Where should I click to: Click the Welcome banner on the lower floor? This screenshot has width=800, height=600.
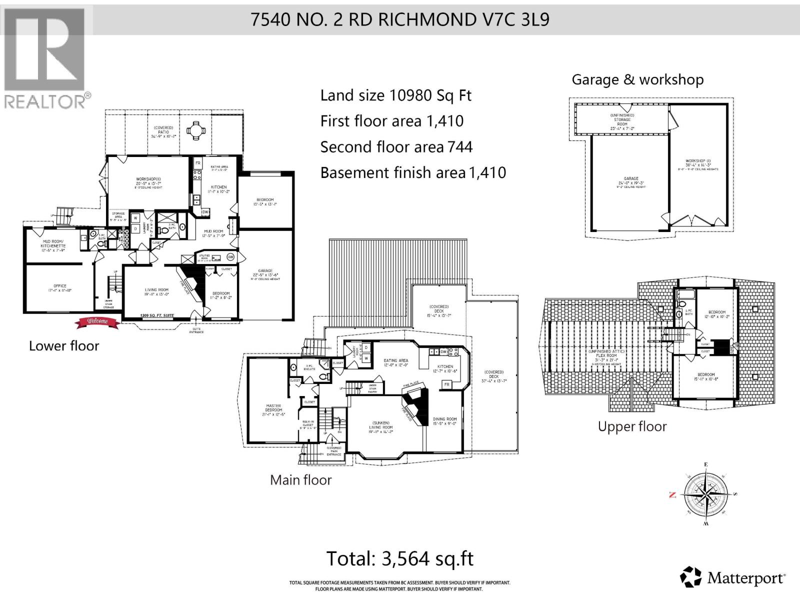(98, 321)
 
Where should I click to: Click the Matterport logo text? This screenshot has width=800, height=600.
(745, 578)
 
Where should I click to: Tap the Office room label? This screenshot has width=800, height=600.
(59, 288)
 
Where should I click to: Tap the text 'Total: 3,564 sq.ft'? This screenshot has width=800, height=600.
(399, 558)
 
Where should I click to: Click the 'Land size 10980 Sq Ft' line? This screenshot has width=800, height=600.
(395, 95)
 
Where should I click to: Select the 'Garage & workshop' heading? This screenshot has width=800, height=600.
(637, 79)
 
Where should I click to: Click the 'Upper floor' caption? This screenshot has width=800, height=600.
(632, 426)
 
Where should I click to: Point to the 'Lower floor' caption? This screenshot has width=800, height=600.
(64, 346)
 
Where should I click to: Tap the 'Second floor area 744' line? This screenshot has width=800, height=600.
(396, 147)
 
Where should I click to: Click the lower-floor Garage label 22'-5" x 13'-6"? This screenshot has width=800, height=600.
(265, 274)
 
